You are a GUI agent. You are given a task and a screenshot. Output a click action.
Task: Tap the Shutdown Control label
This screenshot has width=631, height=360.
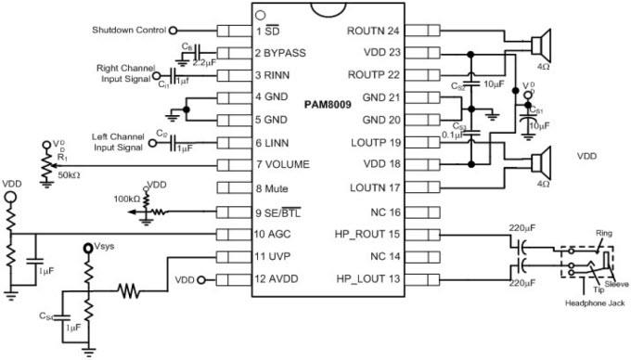click(x=128, y=31)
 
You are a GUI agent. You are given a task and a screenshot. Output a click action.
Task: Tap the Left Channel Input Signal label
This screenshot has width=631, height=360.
click(x=118, y=142)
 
